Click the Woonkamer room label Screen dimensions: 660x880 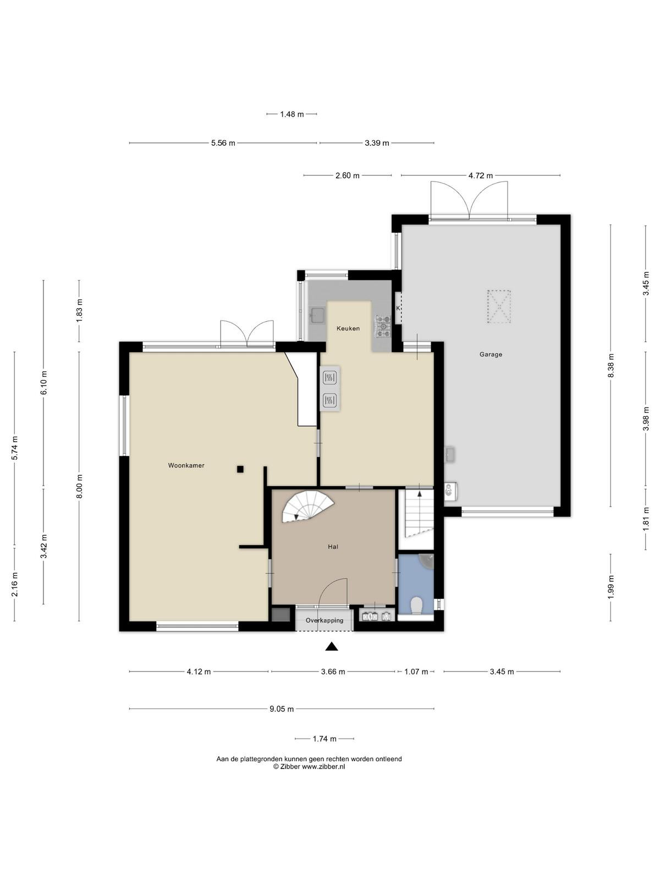tap(186, 465)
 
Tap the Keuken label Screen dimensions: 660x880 tap(348, 328)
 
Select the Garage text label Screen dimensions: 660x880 tap(491, 354)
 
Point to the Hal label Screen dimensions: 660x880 tap(333, 547)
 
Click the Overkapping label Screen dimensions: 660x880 tap(324, 620)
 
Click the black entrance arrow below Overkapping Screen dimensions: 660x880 tap(332, 646)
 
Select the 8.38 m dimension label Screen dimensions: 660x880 tap(610, 365)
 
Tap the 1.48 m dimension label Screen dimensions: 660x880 tap(291, 114)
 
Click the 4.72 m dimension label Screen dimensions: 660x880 tap(481, 175)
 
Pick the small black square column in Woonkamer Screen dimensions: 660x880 tap(240, 469)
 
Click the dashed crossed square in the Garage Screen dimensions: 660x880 tap(499, 307)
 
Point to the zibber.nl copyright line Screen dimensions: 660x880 tap(309, 767)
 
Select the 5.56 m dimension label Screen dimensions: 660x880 tap(223, 143)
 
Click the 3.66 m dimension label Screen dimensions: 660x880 tap(333, 672)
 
